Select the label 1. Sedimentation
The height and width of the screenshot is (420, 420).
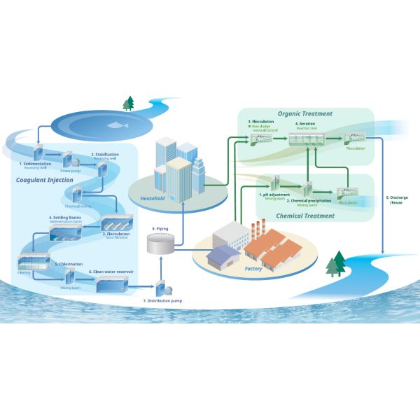point(34,162)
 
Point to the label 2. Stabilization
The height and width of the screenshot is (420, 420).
point(103,153)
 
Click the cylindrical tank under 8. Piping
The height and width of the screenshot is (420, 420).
point(160,244)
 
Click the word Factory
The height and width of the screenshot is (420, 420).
point(253,267)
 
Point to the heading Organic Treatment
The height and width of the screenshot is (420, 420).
point(304,113)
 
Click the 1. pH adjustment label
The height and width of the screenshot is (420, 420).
point(275,194)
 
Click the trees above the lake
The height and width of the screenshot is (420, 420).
point(128,104)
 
